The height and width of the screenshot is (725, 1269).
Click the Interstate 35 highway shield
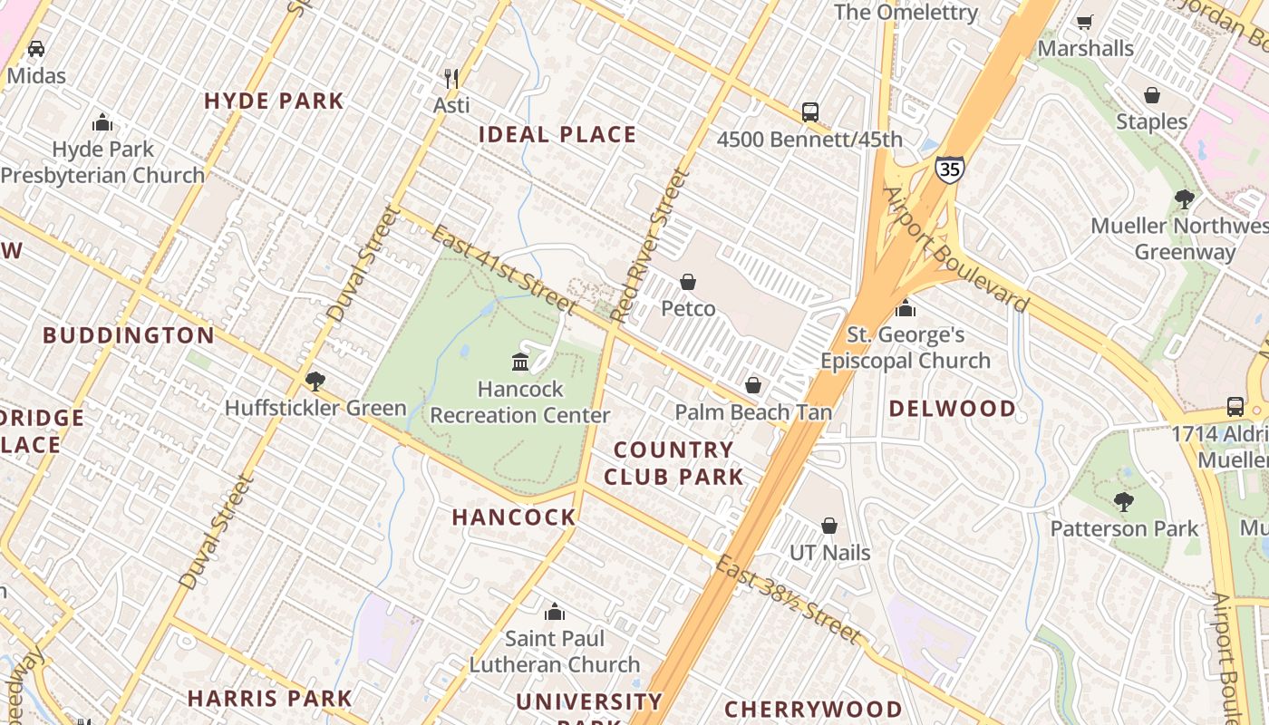pyautogui.click(x=949, y=169)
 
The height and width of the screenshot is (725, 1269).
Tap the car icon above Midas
pyautogui.click(x=35, y=48)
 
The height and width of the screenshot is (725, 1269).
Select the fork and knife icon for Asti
pyautogui.click(x=450, y=78)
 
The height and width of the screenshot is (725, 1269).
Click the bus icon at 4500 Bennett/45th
pyautogui.click(x=810, y=112)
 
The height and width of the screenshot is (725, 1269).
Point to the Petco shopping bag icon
pyautogui.click(x=688, y=282)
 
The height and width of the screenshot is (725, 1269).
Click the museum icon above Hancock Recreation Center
pyautogui.click(x=520, y=362)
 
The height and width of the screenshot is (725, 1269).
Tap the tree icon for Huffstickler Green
pyautogui.click(x=315, y=381)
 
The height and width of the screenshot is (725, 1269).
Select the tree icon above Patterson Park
pyautogui.click(x=1124, y=501)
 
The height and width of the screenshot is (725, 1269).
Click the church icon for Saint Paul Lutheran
pyautogui.click(x=555, y=612)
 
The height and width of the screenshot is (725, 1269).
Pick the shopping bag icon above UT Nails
pyautogui.click(x=829, y=526)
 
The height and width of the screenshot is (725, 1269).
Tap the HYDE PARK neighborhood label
pyautogui.click(x=274, y=101)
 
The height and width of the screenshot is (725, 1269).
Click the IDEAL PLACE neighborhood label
pyautogui.click(x=557, y=135)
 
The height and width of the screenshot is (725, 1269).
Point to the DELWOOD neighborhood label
pyautogui.click(x=952, y=408)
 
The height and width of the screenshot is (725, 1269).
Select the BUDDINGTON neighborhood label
pyautogui.click(x=129, y=335)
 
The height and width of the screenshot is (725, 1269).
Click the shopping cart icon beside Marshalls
pyautogui.click(x=1084, y=22)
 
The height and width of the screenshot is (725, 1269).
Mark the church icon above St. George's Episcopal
pyautogui.click(x=905, y=308)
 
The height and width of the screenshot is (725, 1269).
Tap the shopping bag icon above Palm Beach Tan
pyautogui.click(x=752, y=385)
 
